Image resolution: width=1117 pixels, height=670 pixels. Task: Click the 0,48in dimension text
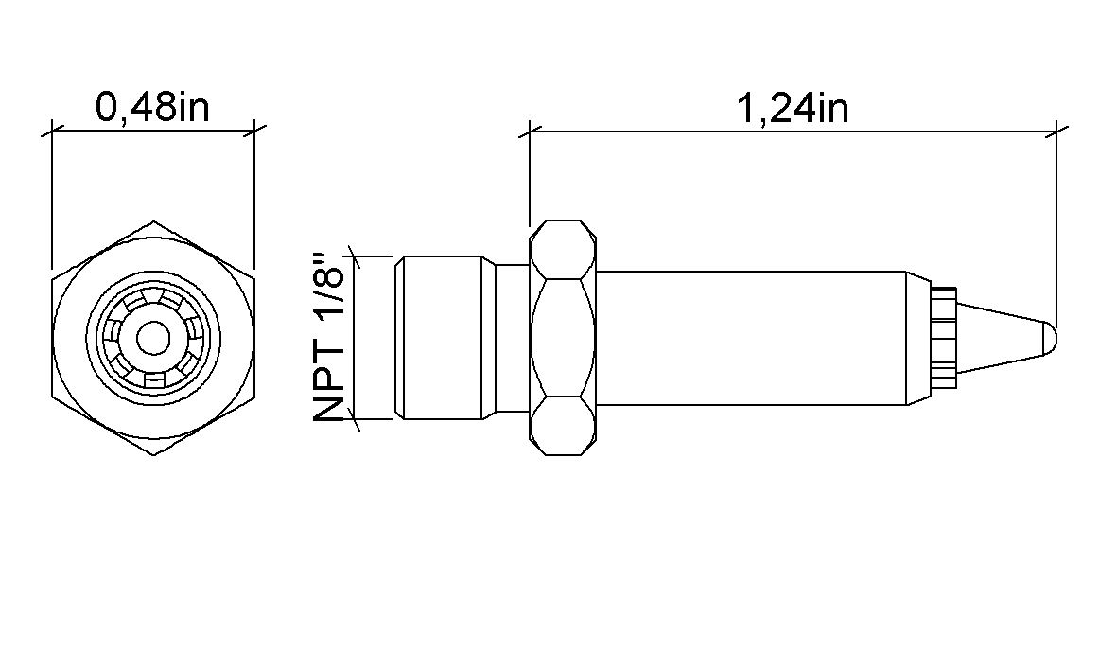[152, 107]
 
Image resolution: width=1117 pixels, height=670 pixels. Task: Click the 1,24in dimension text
[793, 109]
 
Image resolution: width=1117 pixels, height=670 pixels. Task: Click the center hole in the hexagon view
[152, 338]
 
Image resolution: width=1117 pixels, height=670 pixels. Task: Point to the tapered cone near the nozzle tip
[1003, 338]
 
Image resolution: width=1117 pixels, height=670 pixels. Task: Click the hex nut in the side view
[564, 338]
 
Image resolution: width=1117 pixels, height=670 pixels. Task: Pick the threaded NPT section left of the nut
[445, 338]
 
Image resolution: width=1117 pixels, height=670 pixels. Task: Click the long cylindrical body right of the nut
[752, 338]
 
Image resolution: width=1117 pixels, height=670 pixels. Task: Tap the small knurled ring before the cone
[943, 338]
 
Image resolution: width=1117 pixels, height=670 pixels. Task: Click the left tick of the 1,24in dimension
[530, 132]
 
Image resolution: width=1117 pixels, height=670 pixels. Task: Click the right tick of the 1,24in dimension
[1056, 132]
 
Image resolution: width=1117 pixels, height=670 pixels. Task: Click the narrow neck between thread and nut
[514, 338]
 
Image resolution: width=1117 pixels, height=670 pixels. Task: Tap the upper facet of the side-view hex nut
[564, 249]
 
